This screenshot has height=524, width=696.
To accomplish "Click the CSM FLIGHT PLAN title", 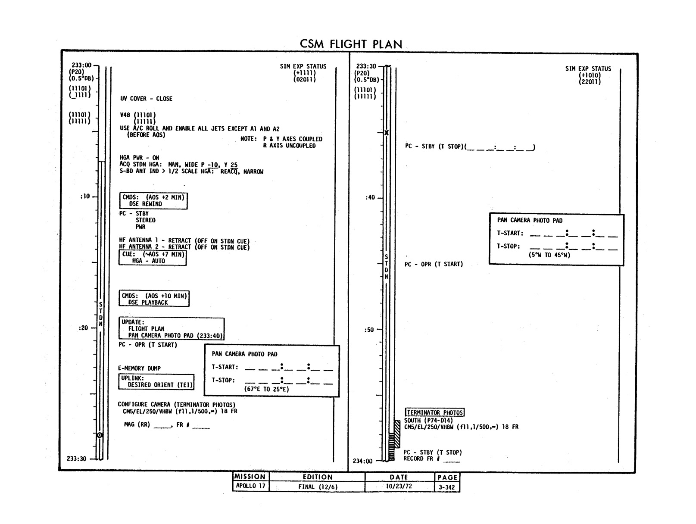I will coord(351,44).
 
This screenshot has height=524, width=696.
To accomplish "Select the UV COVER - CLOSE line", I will coord(146,99).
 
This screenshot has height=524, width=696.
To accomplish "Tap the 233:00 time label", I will coord(82,65).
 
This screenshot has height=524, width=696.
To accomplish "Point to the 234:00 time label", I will coord(362,461).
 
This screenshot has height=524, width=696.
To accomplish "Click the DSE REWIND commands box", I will coord(153,201).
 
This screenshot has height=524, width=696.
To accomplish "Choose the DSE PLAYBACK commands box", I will coord(154,299).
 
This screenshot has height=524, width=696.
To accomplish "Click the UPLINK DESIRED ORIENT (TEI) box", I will coord(156,382).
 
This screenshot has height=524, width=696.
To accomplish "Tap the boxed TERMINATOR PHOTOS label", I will coord(435,412).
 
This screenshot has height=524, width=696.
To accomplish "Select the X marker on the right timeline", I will coord(387,133).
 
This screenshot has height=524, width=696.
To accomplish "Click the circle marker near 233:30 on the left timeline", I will coord(100,435).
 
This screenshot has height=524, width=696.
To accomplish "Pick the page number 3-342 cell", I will coord(447,487).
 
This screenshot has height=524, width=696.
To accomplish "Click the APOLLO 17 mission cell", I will coord(250,486).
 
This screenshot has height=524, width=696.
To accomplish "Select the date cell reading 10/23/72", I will coord(399,486).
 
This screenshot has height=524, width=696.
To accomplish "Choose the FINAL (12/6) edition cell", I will coord(318,487).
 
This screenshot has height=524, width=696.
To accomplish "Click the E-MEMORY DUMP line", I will coord(139,368).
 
